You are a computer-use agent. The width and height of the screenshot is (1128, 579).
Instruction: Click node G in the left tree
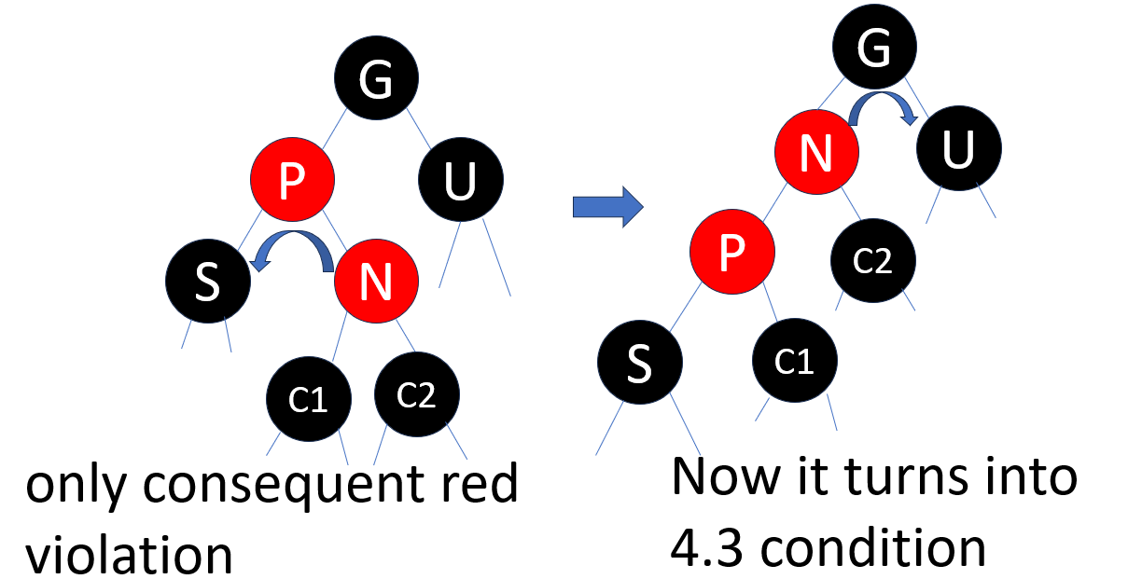(x=378, y=84)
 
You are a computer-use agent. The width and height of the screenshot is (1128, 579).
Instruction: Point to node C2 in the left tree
(x=417, y=395)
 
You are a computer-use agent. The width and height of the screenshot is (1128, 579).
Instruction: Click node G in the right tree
(x=874, y=50)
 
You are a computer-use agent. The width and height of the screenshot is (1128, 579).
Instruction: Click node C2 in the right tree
(x=872, y=259)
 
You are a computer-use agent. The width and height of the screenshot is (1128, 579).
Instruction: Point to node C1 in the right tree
(x=795, y=361)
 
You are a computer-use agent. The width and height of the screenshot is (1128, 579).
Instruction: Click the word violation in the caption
(x=130, y=554)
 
